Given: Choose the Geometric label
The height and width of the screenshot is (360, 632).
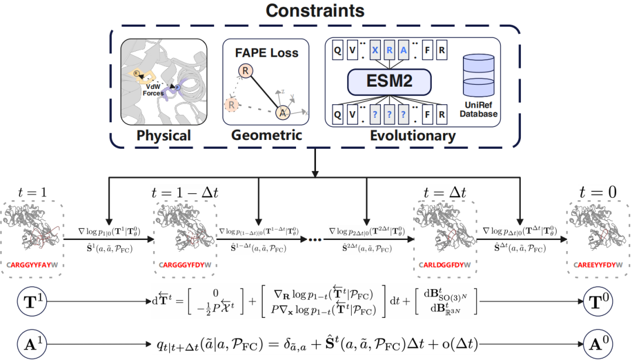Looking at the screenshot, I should [x=266, y=135].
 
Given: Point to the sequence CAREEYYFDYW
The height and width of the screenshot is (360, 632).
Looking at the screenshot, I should [x=599, y=265].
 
